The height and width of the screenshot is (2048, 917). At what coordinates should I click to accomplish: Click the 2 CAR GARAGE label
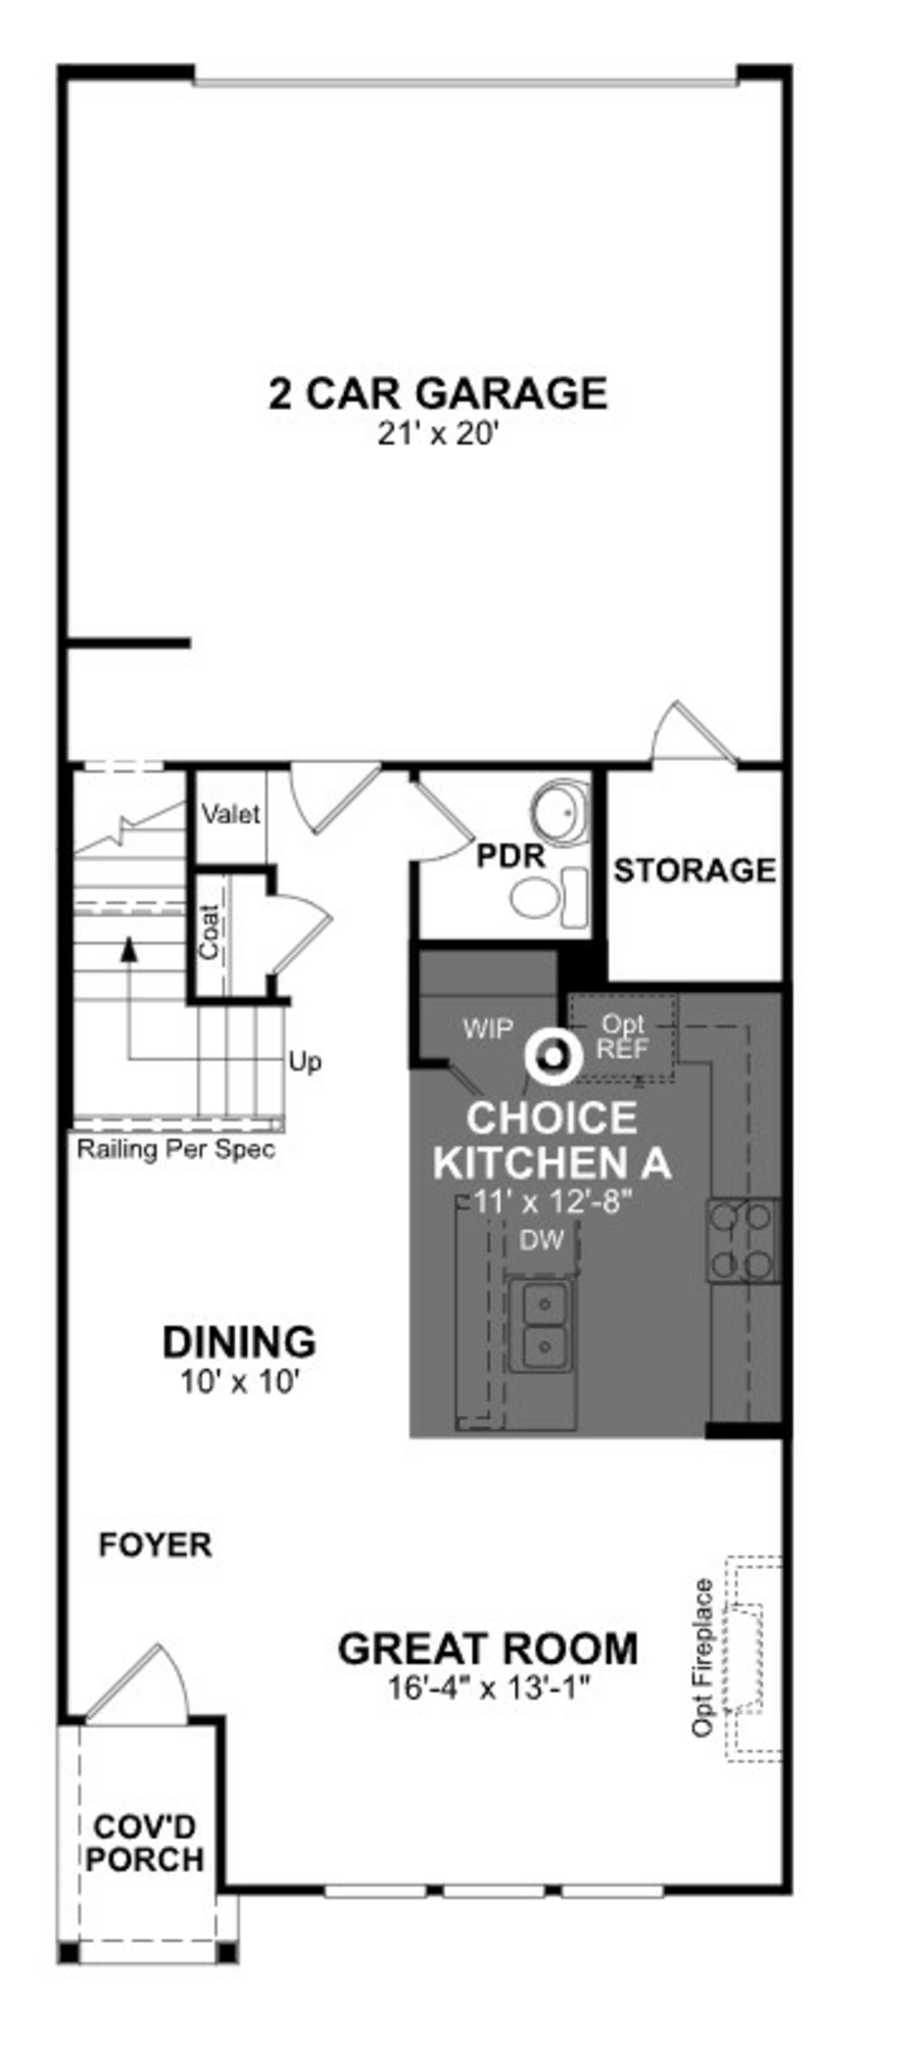[438, 394]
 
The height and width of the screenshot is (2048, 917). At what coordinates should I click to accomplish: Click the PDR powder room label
[511, 856]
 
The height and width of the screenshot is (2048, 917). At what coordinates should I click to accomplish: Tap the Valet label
[230, 814]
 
